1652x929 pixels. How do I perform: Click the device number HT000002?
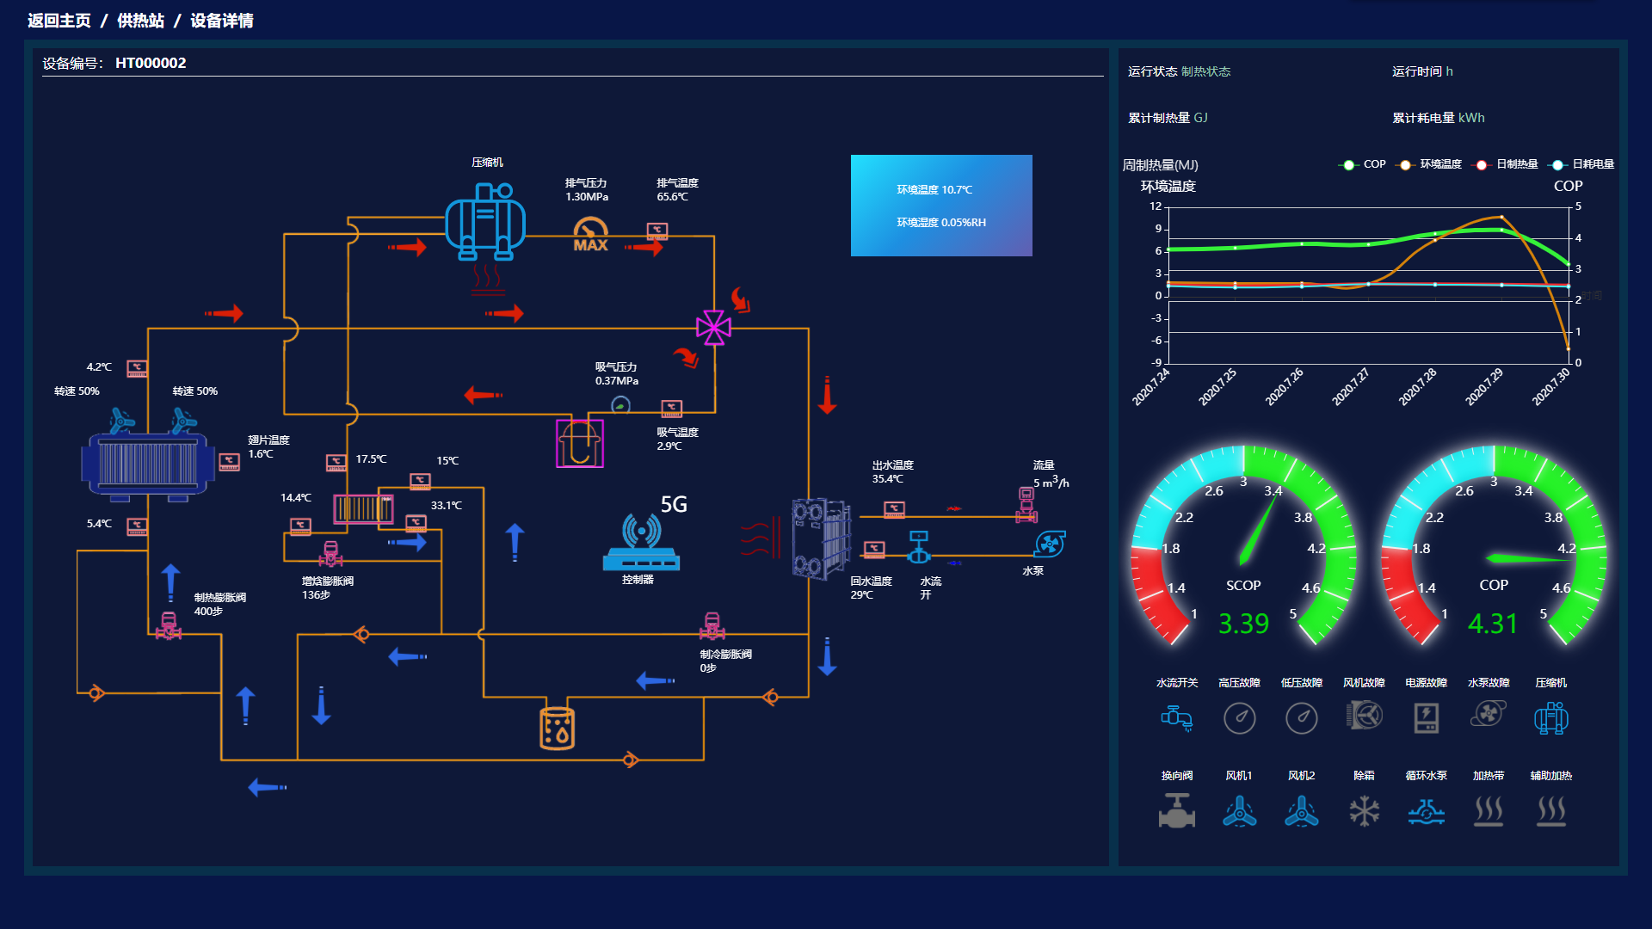coord(151,63)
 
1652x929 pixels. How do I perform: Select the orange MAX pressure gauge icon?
coord(590,235)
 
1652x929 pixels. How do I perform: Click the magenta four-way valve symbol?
coord(713,328)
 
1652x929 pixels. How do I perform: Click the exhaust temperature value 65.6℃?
coord(672,197)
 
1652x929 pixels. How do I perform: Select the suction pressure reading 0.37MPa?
coord(617,381)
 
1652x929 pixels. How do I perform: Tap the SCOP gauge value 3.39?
coord(1243,624)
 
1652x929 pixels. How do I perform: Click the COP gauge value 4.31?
coord(1493,624)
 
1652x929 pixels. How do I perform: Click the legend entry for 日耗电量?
coord(1593,164)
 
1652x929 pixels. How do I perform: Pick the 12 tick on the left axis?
coord(1156,206)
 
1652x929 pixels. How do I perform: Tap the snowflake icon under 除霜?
coord(1364,810)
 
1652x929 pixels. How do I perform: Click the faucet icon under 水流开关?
coord(1176,717)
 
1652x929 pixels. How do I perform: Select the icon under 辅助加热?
coord(1550,810)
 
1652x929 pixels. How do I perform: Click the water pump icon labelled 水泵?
coord(1050,544)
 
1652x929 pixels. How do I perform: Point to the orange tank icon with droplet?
coord(557,729)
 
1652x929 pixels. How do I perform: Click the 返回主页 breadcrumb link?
coord(59,21)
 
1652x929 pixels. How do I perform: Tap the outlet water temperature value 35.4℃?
coord(887,479)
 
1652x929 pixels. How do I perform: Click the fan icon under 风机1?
coord(1239,810)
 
